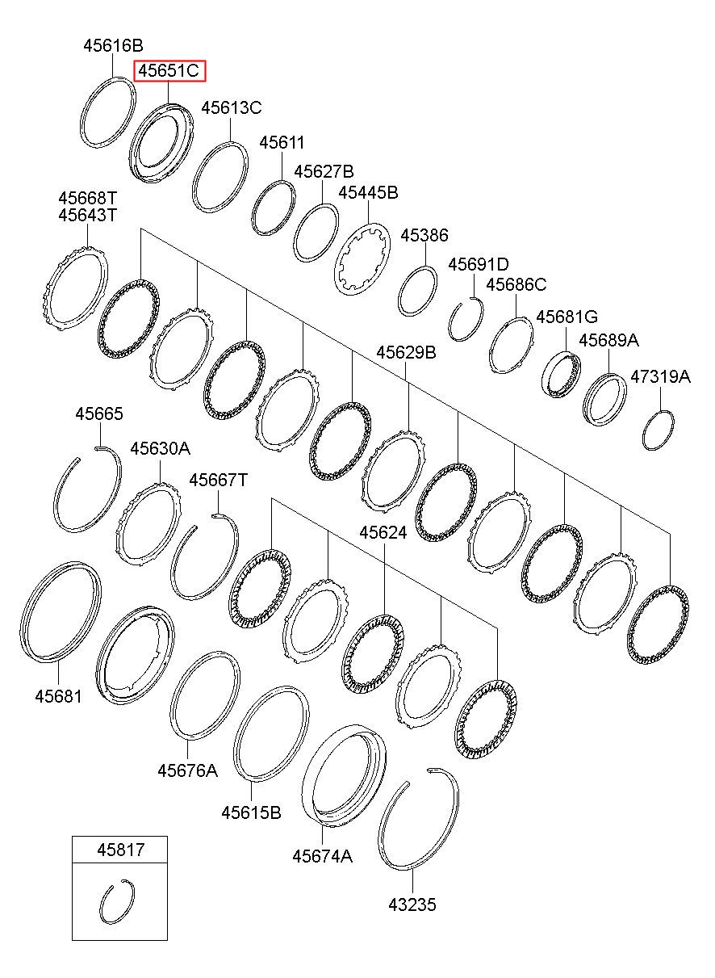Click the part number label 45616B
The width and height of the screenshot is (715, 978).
coord(113,46)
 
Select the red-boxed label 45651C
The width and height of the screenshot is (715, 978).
coord(168,71)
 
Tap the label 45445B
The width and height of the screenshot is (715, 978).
coord(368,192)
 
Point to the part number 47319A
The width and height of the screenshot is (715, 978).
coord(660,376)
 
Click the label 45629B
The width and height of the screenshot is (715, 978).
coord(407,352)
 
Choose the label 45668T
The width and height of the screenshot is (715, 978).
coord(87,198)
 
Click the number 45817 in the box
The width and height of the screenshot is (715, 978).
coord(119,849)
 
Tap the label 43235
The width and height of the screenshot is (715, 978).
coord(411,905)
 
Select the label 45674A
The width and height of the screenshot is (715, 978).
coord(322,856)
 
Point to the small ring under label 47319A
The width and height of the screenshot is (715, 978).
coord(658,431)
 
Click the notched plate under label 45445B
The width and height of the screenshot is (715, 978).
coord(362,260)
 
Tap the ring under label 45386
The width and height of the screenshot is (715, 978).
coord(418,291)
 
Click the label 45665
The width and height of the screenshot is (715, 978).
coord(99,413)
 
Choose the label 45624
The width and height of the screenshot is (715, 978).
coord(383,533)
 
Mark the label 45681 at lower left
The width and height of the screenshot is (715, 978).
coord(57,695)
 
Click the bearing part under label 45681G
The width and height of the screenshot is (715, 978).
coord(561,375)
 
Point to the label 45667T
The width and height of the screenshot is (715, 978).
coord(218,481)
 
